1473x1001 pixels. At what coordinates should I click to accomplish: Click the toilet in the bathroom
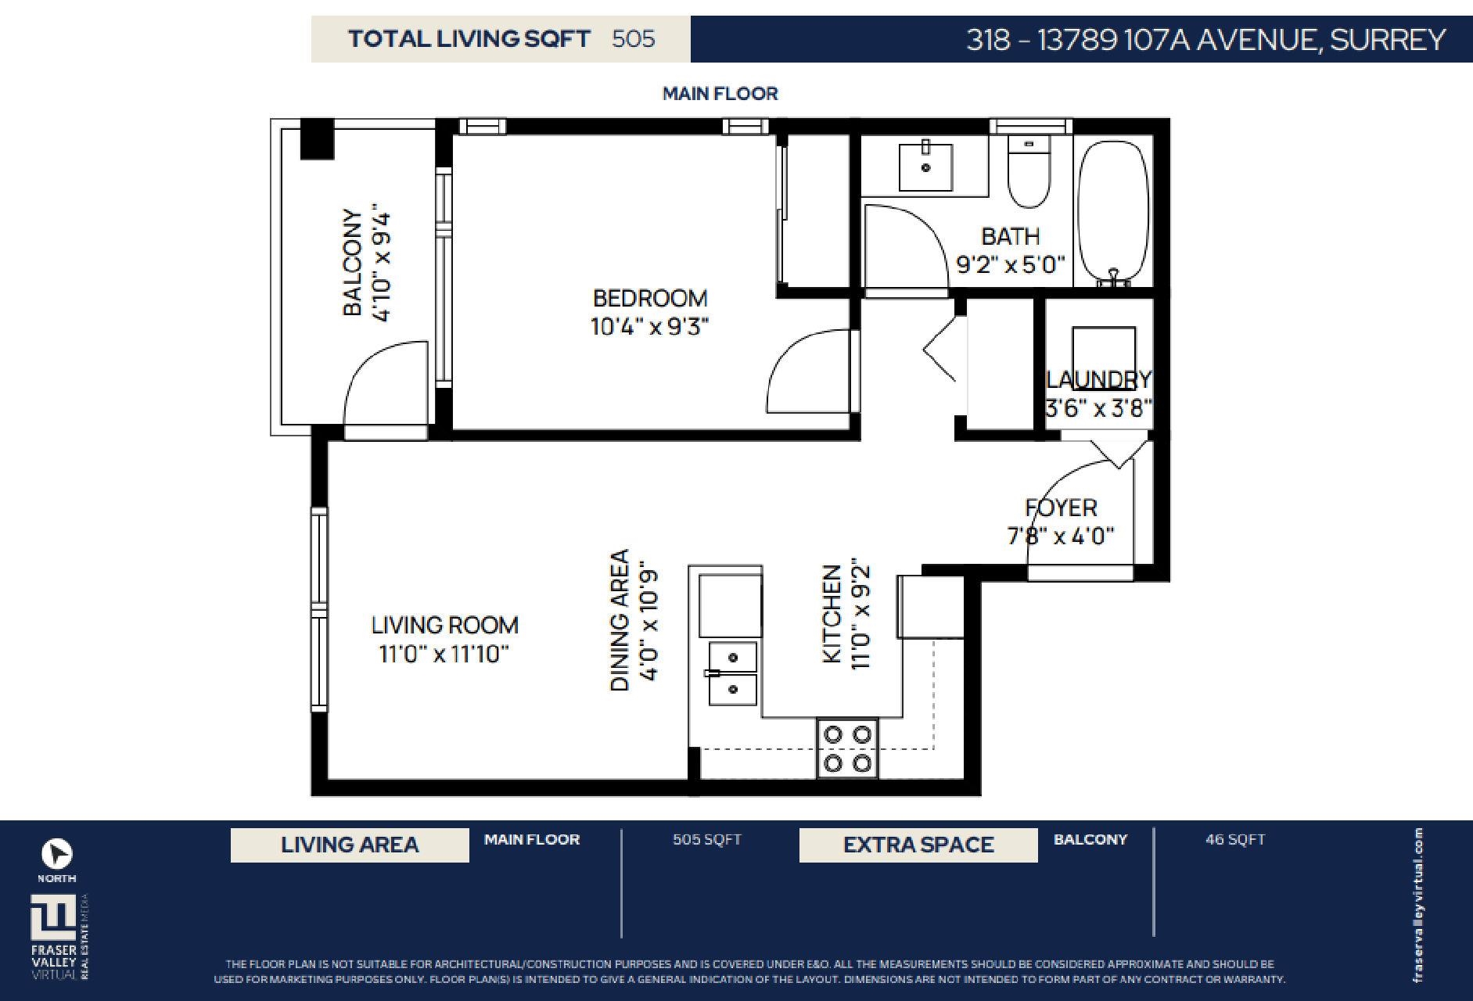[x=1028, y=170]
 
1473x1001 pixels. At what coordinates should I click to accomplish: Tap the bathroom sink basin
[x=925, y=167]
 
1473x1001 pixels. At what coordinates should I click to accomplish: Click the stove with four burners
[x=848, y=748]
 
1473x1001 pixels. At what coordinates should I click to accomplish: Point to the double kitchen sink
[x=733, y=673]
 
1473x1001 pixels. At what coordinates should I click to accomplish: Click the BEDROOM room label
[x=650, y=298]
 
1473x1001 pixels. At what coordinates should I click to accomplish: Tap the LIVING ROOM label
[x=444, y=626]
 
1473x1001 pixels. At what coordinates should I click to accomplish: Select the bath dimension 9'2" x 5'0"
[x=1011, y=264]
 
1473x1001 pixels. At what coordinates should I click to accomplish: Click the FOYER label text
[x=1061, y=508]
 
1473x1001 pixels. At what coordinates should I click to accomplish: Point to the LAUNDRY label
[x=1099, y=379]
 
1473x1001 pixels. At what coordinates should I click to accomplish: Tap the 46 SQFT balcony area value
[x=1235, y=839]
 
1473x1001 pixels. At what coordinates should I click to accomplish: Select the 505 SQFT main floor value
[x=707, y=839]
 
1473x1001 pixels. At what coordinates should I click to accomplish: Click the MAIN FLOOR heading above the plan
[x=720, y=94]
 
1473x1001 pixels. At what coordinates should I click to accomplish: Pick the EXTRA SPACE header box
[x=918, y=845]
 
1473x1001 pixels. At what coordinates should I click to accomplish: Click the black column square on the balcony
[x=317, y=139]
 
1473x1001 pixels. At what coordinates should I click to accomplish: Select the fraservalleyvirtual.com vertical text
[x=1418, y=906]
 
